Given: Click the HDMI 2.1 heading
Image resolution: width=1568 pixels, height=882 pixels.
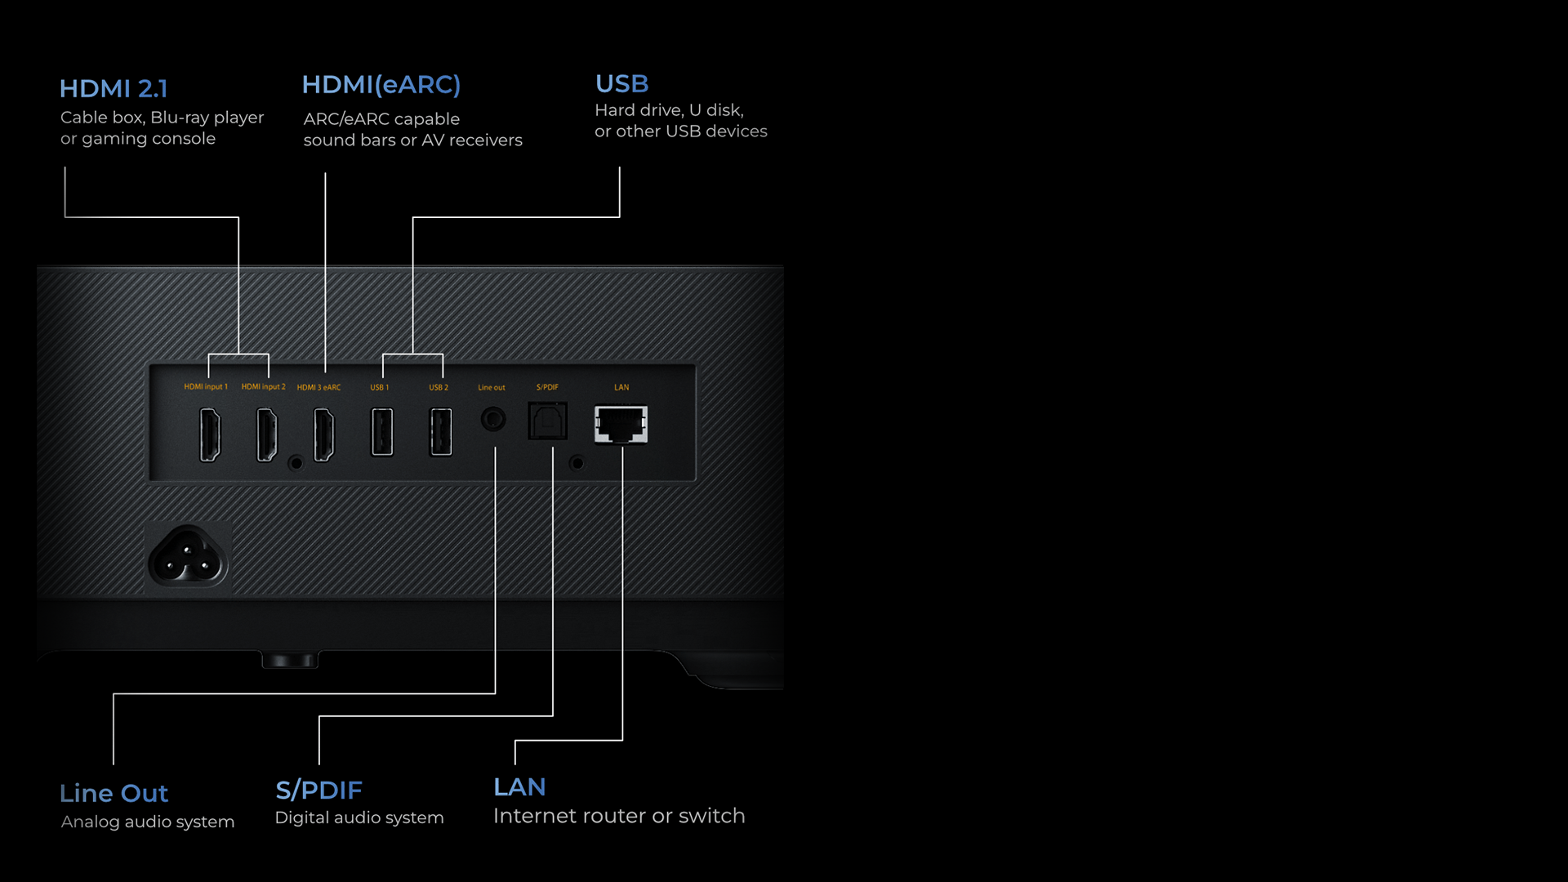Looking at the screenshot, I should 114,88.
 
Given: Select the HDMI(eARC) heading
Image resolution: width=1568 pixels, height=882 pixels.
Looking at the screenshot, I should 381,85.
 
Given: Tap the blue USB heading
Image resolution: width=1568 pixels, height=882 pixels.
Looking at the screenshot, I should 621,84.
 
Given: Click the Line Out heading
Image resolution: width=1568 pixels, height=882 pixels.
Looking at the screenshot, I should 114,793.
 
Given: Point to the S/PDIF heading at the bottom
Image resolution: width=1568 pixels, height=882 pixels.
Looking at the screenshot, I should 318,790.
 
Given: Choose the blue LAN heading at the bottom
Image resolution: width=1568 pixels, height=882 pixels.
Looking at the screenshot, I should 519,787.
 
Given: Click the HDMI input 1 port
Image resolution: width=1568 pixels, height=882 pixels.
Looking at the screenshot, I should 210,434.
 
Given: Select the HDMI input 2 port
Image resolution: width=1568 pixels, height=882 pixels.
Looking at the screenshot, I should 267,434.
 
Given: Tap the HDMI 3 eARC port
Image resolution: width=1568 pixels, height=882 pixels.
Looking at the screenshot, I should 324,434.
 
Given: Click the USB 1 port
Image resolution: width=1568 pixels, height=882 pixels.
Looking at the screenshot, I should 381,432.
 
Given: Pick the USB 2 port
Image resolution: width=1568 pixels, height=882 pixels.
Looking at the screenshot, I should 440,432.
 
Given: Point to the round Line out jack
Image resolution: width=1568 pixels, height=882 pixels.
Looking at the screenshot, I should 492,420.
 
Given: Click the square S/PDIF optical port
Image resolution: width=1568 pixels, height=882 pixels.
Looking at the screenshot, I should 547,421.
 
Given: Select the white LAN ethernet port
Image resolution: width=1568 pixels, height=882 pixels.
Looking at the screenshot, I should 621,425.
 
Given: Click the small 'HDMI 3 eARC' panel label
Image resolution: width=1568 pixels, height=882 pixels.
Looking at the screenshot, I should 318,387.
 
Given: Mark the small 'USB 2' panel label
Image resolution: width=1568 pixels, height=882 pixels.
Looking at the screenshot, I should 439,387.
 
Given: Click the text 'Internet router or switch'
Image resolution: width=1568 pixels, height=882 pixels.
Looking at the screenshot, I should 619,816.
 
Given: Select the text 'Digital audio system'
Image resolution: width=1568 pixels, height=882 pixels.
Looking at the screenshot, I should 359,817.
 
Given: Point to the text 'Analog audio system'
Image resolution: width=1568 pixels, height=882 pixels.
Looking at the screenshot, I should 148,822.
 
